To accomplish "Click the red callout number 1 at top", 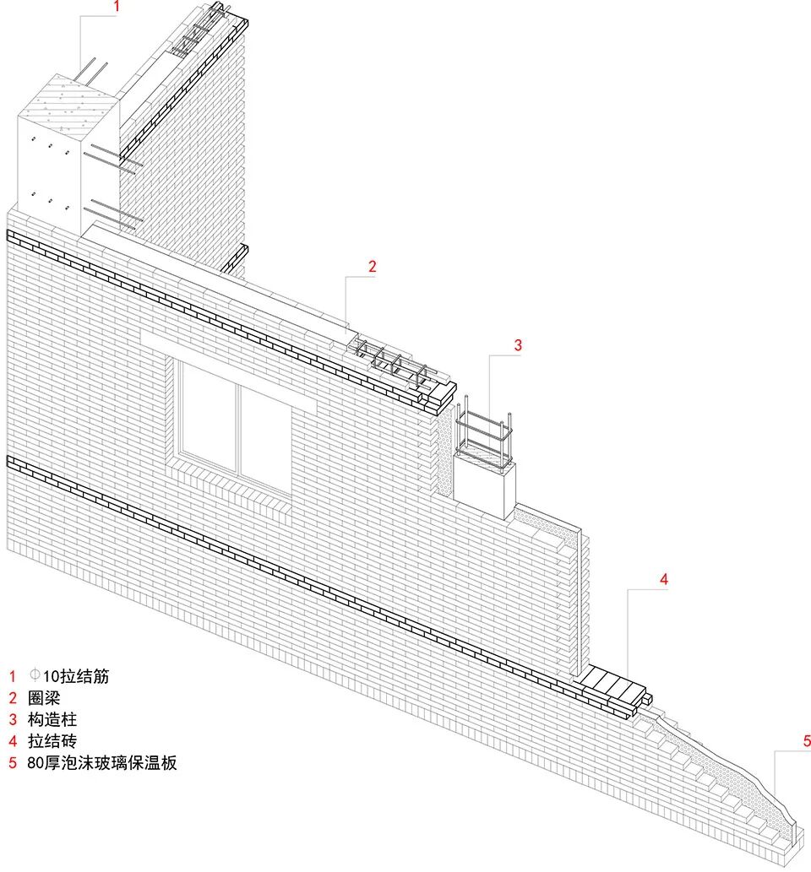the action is [x=117, y=7].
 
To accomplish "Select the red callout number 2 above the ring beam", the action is [x=372, y=266].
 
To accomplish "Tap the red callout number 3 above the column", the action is [x=518, y=344].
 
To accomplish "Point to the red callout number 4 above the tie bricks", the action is [x=664, y=579].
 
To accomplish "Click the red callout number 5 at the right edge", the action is [x=807, y=741].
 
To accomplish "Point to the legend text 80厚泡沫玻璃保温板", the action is [x=101, y=764].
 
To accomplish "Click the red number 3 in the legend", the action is [x=13, y=720].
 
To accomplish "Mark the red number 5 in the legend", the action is [x=13, y=764].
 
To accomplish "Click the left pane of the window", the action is [x=207, y=414].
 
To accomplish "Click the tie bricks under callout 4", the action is [x=612, y=684].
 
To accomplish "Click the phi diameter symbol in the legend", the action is [x=35, y=675].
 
